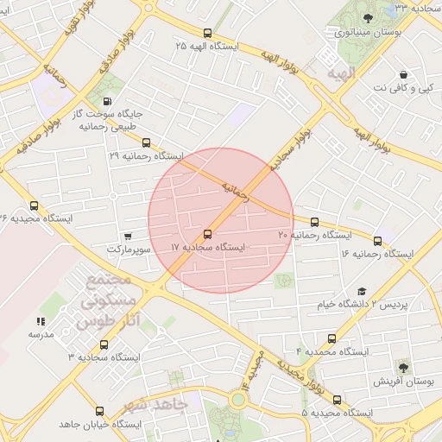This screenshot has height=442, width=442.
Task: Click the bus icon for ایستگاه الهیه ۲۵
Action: tap(206, 33)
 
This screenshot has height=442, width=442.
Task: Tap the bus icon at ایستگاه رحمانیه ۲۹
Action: tap(146, 143)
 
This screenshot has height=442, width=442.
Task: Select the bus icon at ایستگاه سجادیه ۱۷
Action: tap(207, 234)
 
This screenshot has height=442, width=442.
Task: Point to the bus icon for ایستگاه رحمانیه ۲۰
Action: tap(314, 222)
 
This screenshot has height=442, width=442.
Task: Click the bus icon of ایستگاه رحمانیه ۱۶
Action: tap(378, 240)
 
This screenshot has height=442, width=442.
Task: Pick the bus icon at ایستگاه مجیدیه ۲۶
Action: tap(34, 205)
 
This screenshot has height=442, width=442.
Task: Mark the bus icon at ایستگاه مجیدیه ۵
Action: tap(337, 400)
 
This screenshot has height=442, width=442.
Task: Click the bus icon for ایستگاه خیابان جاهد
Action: tap(99, 412)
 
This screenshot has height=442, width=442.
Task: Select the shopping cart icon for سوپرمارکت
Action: tap(128, 236)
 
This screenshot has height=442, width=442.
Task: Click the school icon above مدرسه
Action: tap(41, 320)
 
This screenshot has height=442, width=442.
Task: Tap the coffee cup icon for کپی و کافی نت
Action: tap(403, 75)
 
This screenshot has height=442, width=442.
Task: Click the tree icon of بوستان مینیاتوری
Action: tap(369, 18)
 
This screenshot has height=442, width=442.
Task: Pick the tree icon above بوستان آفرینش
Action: tap(402, 368)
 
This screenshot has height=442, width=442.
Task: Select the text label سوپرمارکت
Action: tap(129, 249)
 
